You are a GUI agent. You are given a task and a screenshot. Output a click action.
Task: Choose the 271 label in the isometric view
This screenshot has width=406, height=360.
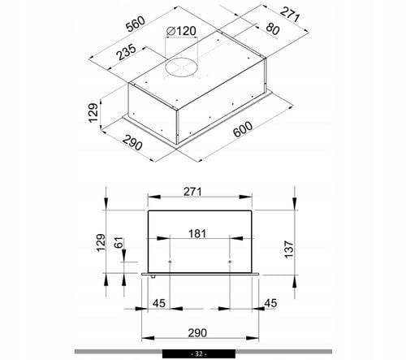pos(291,14)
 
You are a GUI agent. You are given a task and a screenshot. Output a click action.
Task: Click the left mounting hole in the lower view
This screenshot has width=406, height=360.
pos(171,262)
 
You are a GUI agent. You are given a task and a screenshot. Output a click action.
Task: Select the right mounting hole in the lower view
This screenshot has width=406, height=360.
pos(230,262)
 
